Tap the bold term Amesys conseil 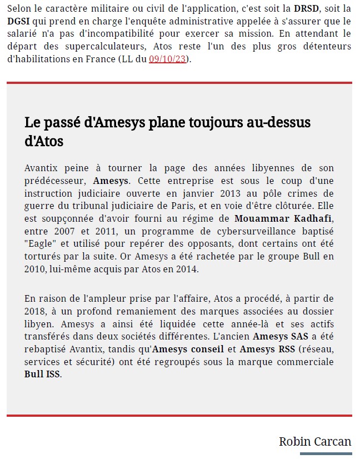(x=188, y=349)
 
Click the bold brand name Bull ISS (x=43, y=375)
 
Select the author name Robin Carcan (x=315, y=442)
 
